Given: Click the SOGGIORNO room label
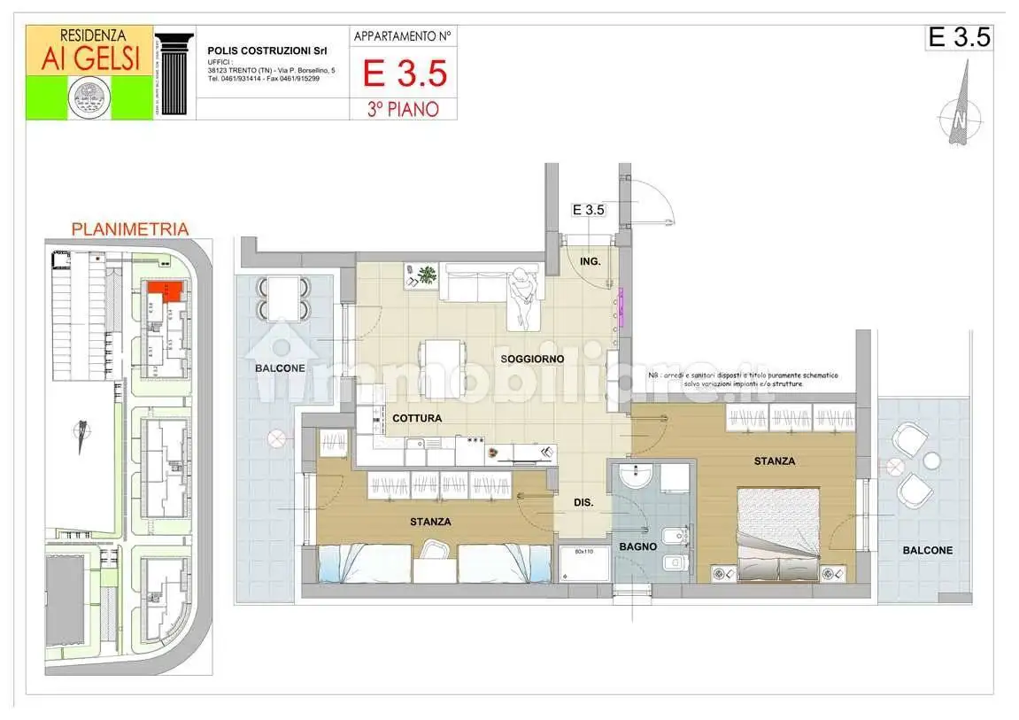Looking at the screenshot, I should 532,359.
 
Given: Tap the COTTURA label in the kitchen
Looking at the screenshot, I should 417,418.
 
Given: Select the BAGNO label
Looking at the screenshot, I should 637,546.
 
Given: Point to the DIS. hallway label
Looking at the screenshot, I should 583,503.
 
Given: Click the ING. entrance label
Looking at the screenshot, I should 591,261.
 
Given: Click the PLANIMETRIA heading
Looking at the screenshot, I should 129,229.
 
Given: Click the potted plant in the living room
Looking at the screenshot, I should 427,275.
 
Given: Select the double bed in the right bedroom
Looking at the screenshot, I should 776,536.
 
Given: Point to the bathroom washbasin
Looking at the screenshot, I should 634,478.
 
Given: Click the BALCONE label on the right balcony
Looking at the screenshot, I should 928,550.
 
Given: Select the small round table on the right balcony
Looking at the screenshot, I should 931,460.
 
